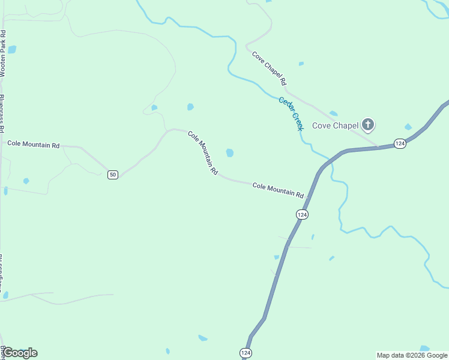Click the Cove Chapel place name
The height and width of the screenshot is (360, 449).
(x=335, y=125)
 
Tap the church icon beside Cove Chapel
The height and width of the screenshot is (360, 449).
(x=367, y=125)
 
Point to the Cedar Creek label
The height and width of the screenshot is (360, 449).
(x=291, y=113)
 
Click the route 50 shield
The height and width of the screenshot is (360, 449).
(x=113, y=175)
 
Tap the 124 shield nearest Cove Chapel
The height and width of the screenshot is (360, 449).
(x=400, y=143)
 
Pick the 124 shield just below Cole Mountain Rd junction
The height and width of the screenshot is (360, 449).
(x=302, y=214)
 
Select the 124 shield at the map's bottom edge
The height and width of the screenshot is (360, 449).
(x=246, y=353)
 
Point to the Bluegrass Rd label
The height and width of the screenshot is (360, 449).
(x=2, y=113)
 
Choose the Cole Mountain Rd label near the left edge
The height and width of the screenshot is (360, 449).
(x=34, y=145)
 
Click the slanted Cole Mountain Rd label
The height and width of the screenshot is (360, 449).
(x=203, y=152)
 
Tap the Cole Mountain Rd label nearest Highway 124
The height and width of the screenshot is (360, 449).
(x=278, y=190)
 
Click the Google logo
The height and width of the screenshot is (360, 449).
(x=20, y=353)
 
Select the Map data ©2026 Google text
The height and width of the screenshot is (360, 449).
(x=412, y=355)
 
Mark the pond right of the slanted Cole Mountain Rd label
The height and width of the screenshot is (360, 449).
(x=230, y=153)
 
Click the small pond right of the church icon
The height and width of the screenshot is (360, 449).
(x=408, y=127)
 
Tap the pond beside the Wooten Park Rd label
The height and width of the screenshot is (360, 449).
(x=11, y=50)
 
